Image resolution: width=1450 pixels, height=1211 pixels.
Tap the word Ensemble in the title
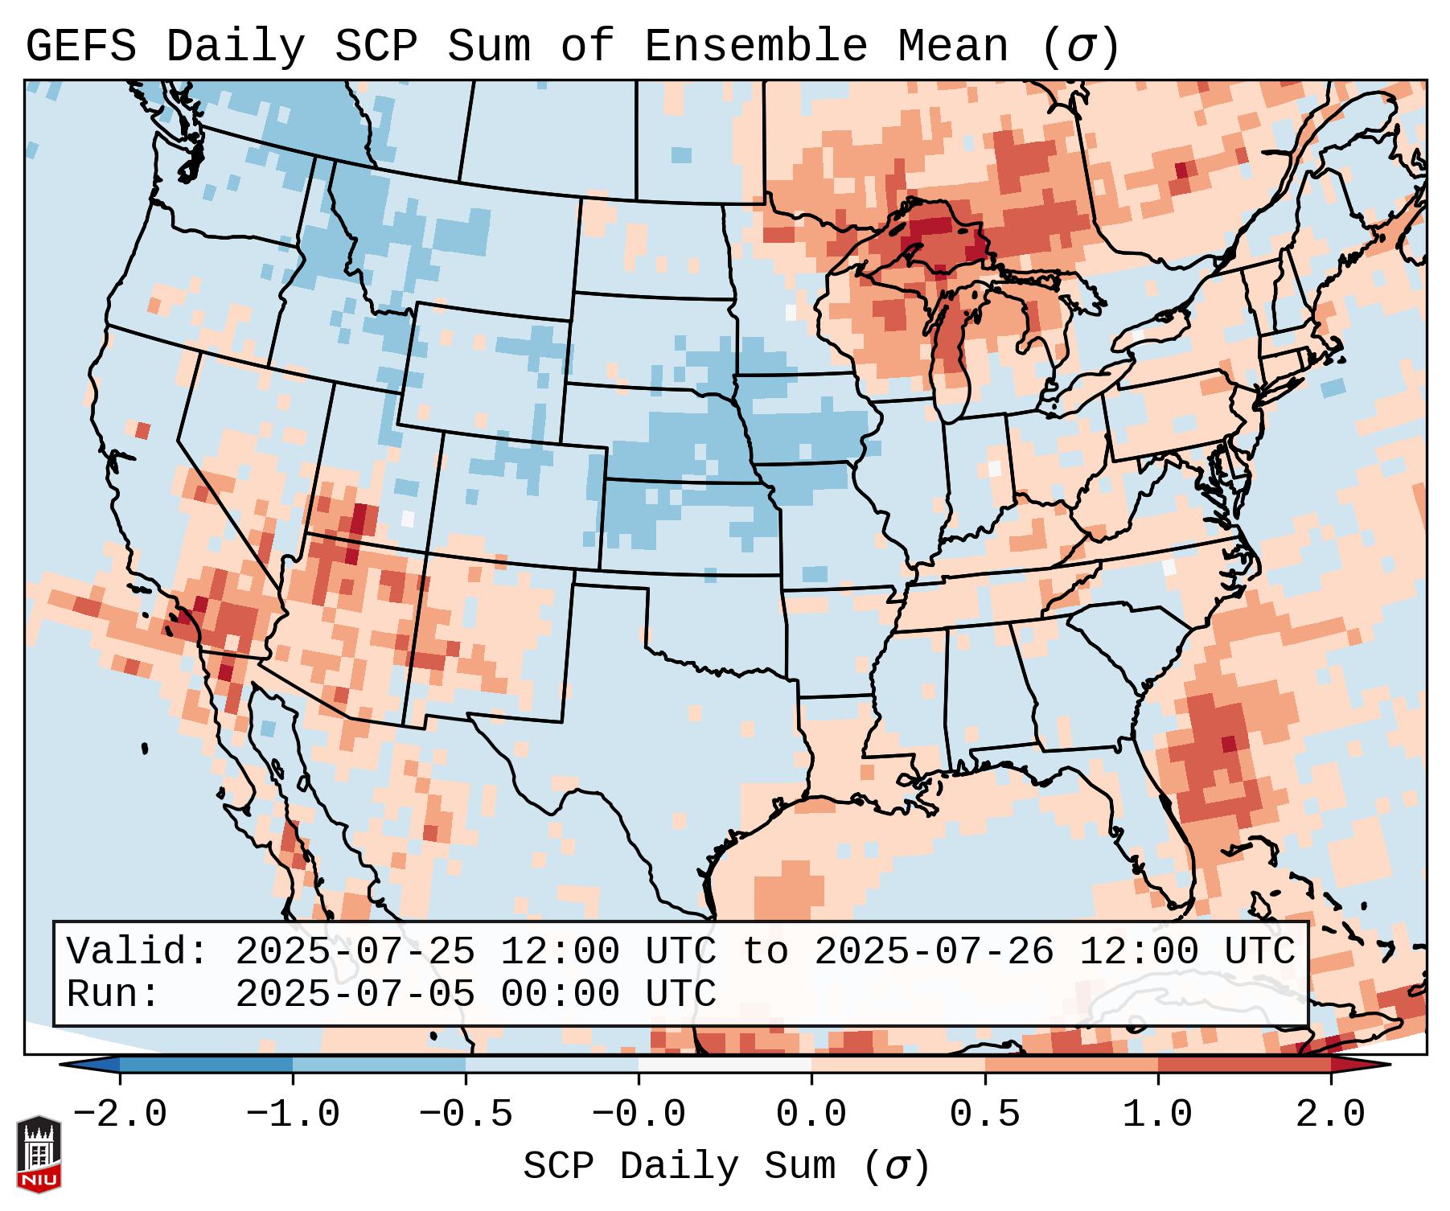tap(756, 47)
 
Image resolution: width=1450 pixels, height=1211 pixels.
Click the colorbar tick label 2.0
tap(1331, 1115)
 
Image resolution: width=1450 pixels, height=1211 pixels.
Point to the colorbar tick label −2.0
tap(120, 1115)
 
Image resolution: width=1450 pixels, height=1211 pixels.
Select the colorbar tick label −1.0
tap(293, 1115)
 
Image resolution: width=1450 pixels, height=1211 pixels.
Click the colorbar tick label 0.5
tap(985, 1115)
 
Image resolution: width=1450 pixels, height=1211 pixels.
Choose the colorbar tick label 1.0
tap(1158, 1115)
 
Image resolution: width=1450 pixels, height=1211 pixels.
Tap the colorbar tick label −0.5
tap(466, 1115)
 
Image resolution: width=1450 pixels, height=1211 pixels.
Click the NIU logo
tap(39, 1154)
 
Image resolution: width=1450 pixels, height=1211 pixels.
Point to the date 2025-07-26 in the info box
tap(934, 951)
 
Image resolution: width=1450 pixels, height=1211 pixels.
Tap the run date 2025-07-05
tap(355, 995)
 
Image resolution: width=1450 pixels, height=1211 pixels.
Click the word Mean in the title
tap(953, 47)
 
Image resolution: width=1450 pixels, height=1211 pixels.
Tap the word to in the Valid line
tap(765, 951)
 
